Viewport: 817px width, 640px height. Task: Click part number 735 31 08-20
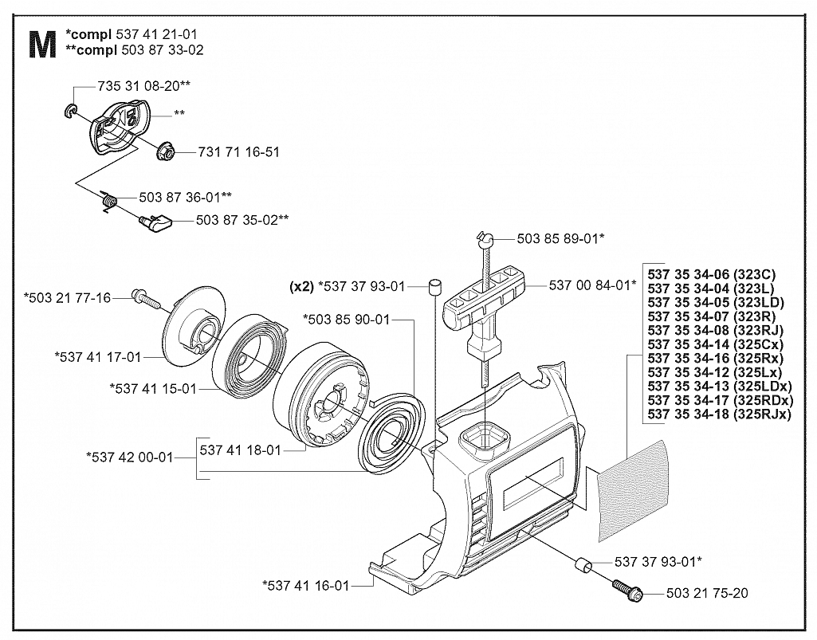(x=139, y=85)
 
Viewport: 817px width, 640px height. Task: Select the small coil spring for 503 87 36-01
(x=109, y=200)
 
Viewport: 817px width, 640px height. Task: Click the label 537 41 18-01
(x=240, y=450)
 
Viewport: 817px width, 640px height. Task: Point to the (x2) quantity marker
(x=300, y=286)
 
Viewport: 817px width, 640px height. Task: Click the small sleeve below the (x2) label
(x=434, y=287)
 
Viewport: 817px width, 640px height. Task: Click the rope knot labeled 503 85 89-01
(x=484, y=238)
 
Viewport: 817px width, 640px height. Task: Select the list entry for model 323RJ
(x=716, y=331)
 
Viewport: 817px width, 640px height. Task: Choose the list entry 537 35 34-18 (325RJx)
(x=719, y=414)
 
